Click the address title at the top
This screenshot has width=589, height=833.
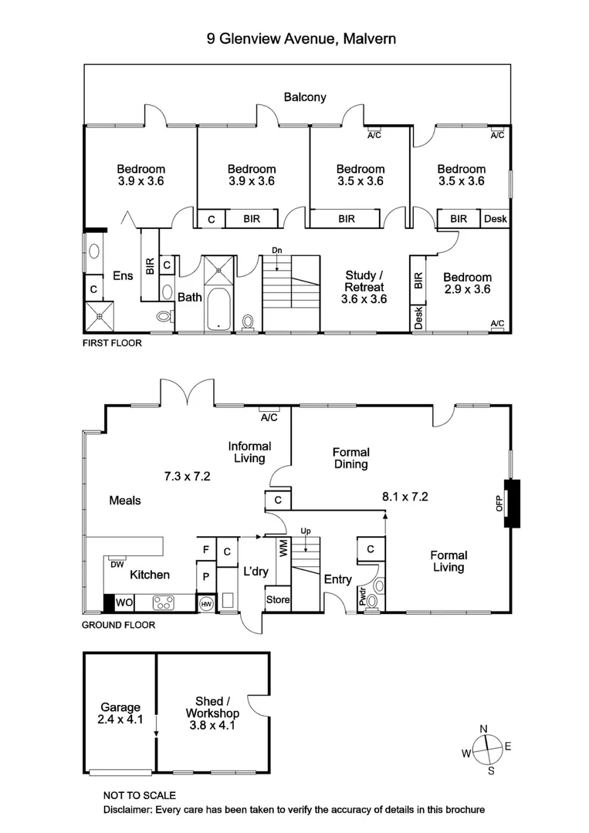click(301, 38)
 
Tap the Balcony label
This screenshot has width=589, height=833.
click(305, 97)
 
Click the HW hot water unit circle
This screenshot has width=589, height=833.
click(206, 604)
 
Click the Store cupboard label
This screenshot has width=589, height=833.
click(278, 599)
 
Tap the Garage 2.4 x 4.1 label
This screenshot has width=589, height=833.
click(120, 713)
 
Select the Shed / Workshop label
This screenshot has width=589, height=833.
click(212, 713)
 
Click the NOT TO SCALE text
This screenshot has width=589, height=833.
click(140, 795)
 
